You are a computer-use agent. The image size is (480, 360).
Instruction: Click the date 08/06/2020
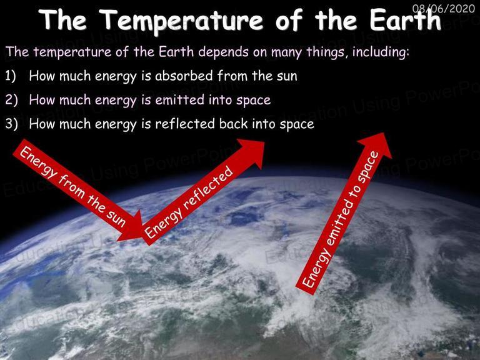click(x=444, y=8)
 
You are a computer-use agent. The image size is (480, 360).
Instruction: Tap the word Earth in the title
click(x=405, y=20)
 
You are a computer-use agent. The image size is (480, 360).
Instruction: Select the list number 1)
click(x=10, y=76)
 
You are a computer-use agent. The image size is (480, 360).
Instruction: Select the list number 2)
click(x=11, y=100)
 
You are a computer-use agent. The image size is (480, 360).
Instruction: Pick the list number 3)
click(x=11, y=124)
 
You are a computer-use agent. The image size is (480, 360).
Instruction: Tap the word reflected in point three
click(x=185, y=124)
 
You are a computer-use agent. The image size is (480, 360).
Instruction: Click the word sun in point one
click(x=287, y=76)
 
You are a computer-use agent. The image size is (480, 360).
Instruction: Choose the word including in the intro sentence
click(x=381, y=52)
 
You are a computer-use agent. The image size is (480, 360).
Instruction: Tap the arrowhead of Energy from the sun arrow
click(x=132, y=228)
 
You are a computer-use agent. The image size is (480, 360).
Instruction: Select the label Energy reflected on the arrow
click(x=189, y=202)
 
